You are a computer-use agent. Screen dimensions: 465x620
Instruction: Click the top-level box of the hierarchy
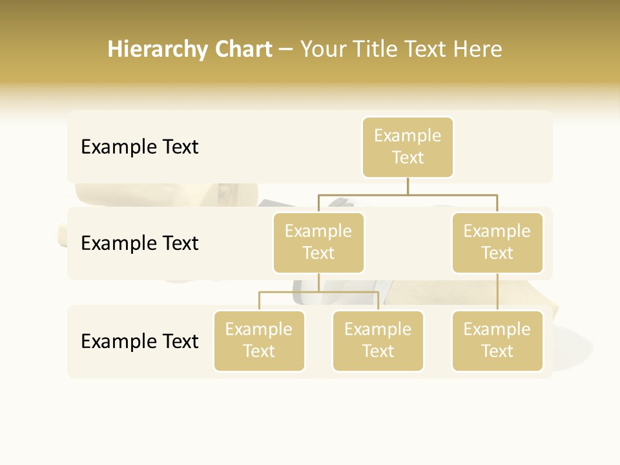(x=408, y=147)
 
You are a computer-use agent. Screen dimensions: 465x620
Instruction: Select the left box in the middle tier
(x=318, y=243)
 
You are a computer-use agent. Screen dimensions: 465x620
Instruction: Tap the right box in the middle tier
(x=497, y=243)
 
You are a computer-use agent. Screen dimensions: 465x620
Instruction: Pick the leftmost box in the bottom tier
(x=259, y=341)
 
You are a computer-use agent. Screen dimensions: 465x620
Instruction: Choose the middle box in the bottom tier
(x=378, y=341)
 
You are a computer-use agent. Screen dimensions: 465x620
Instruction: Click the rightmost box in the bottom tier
(x=497, y=341)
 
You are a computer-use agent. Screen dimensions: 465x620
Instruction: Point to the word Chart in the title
(x=243, y=49)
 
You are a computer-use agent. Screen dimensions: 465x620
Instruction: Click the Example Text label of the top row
(x=139, y=147)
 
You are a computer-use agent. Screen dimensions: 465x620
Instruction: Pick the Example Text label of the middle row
(x=139, y=243)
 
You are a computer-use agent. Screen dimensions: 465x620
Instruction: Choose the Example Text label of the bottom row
(x=139, y=341)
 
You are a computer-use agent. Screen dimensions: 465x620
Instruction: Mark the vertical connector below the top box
(x=408, y=185)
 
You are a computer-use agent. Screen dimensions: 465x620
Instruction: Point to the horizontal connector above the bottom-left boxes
(x=318, y=292)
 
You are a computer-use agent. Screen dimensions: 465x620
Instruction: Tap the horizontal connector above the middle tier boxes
(x=408, y=194)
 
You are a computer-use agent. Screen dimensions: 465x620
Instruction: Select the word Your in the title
(x=323, y=49)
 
